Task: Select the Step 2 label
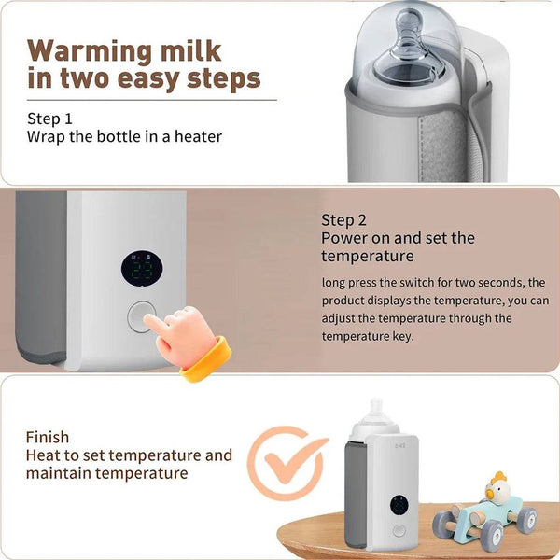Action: pos(343,220)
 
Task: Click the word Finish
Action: pos(48,437)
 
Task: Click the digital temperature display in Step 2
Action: pos(143,269)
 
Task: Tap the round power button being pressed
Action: pos(143,317)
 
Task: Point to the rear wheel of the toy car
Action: pos(526,519)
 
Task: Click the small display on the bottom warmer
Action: pos(399,506)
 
